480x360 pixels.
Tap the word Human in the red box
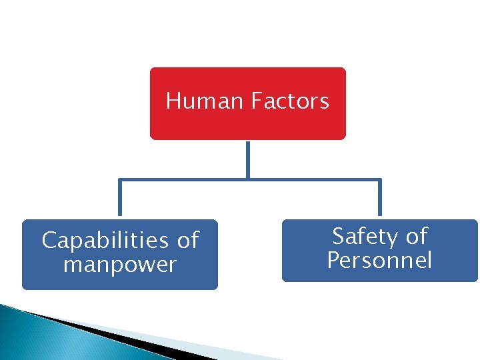pyautogui.click(x=205, y=101)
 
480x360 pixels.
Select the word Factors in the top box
pyautogui.click(x=290, y=101)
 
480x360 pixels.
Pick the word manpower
pyautogui.click(x=120, y=265)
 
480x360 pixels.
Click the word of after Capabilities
pyautogui.click(x=188, y=240)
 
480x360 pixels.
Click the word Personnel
pyautogui.click(x=379, y=260)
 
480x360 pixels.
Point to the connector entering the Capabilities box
pyautogui.click(x=120, y=200)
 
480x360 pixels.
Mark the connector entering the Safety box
pyautogui.click(x=379, y=200)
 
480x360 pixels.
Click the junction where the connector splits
pyautogui.click(x=247, y=179)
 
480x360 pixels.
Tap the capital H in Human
pyautogui.click(x=173, y=101)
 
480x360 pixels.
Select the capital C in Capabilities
pyautogui.click(x=49, y=240)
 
